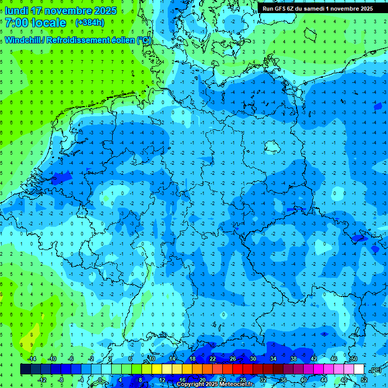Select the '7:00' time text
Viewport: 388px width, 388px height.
click(16, 23)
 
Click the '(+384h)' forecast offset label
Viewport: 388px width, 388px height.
click(90, 23)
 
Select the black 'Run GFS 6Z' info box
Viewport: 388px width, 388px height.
click(318, 9)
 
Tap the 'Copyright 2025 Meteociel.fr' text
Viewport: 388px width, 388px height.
click(215, 384)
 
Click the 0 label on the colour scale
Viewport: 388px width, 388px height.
click(101, 380)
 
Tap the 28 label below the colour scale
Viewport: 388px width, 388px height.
click(243, 380)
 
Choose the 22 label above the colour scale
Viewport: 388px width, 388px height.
click(213, 359)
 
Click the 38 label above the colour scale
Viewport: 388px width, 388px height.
click(294, 359)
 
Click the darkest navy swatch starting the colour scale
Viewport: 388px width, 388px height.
click(25, 369)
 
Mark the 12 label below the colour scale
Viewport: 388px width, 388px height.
click(162, 380)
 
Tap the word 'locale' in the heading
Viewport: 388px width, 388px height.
click(48, 23)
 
